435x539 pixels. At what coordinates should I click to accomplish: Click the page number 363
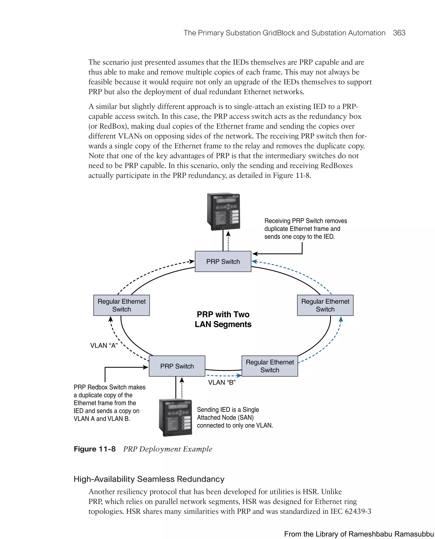pyautogui.click(x=399, y=33)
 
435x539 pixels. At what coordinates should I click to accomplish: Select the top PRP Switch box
pyautogui.click(x=223, y=261)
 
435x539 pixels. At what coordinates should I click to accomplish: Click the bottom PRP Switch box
pyautogui.click(x=177, y=366)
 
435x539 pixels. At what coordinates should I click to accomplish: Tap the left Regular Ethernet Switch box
pyautogui.click(x=121, y=305)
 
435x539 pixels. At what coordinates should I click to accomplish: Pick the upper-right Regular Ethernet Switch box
pyautogui.click(x=325, y=305)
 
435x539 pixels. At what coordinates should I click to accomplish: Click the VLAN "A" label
pyautogui.click(x=104, y=345)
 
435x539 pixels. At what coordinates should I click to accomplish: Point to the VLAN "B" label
pyautogui.click(x=222, y=382)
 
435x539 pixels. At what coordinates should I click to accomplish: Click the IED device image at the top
pyautogui.click(x=223, y=211)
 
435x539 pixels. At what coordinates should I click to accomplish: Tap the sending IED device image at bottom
pyautogui.click(x=175, y=417)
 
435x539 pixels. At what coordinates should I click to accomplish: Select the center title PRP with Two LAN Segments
pyautogui.click(x=223, y=319)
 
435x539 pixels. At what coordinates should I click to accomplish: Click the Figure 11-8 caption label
pyautogui.click(x=95, y=449)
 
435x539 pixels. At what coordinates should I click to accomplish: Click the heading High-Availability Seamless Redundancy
pyautogui.click(x=149, y=479)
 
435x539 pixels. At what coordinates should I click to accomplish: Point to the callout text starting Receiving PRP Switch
pyautogui.click(x=305, y=229)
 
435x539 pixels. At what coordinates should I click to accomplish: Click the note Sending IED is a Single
pyautogui.click(x=234, y=417)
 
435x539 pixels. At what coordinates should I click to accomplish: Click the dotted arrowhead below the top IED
pyautogui.click(x=228, y=234)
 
